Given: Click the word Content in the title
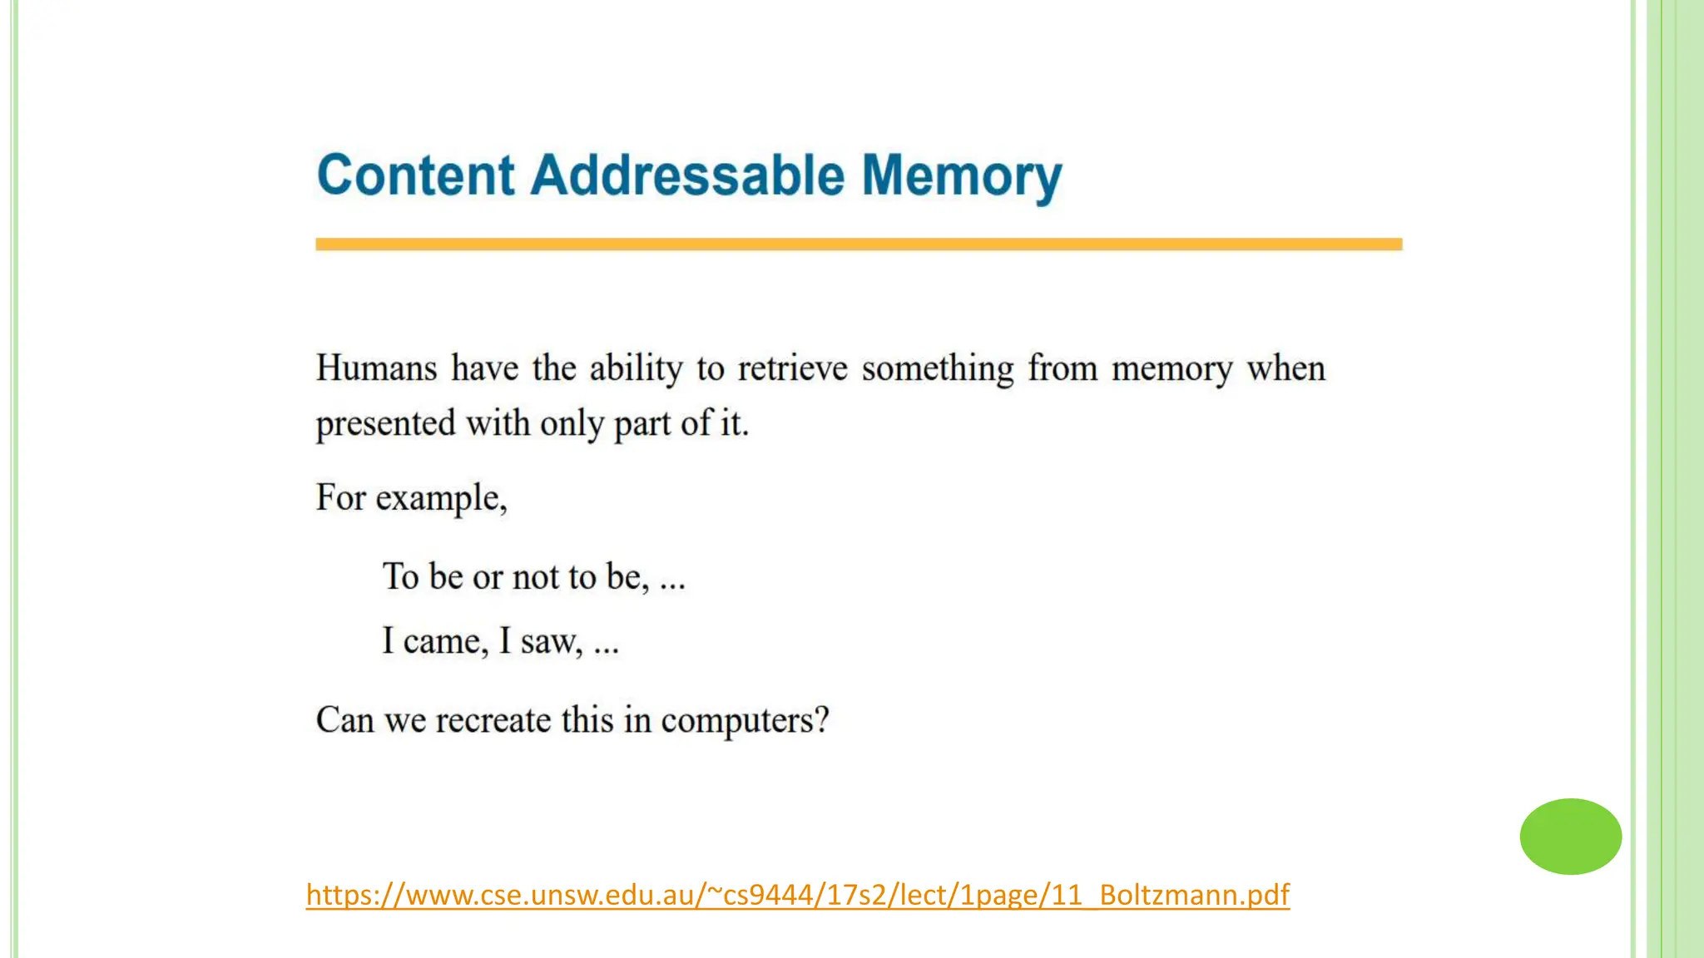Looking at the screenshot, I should pyautogui.click(x=416, y=175).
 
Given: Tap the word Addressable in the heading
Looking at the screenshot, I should pyautogui.click(x=687, y=175).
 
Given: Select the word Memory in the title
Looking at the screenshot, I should pyautogui.click(x=961, y=177).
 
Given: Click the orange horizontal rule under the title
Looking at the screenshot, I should pyautogui.click(x=859, y=244).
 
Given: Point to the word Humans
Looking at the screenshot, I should pyautogui.click(x=376, y=368).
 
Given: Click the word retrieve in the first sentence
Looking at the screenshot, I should pyautogui.click(x=792, y=368).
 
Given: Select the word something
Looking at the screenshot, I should pyautogui.click(x=938, y=368).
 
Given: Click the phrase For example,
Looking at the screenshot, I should pyautogui.click(x=411, y=498).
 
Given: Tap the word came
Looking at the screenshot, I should pyautogui.click(x=445, y=642).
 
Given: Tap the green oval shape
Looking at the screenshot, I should pyautogui.click(x=1570, y=836).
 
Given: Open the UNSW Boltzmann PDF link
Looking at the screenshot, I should pyautogui.click(x=797, y=895).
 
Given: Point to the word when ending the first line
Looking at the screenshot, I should pyautogui.click(x=1285, y=368).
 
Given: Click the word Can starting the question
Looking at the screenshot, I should pyautogui.click(x=344, y=720).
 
